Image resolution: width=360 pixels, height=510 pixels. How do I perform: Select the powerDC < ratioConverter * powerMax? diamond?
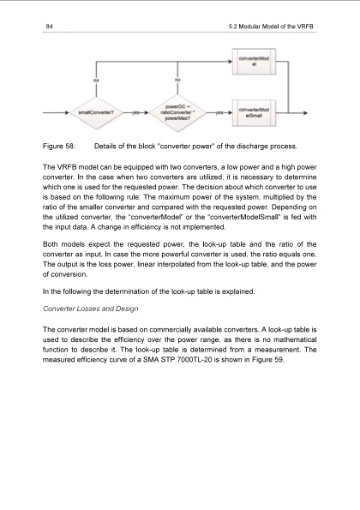tap(177, 111)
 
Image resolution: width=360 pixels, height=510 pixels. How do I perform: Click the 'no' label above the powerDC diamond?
tap(177, 79)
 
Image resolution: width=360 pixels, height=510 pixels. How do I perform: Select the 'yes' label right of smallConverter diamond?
tap(137, 112)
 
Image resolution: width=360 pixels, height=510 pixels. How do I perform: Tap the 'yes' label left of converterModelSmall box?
tap(218, 112)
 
